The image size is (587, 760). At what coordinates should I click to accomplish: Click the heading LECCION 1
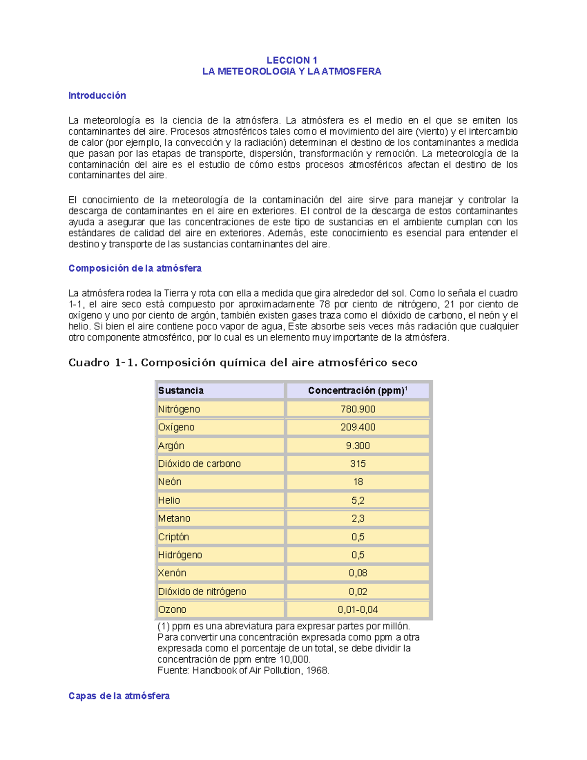(292, 60)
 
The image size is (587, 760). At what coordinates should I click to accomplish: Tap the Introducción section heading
(97, 95)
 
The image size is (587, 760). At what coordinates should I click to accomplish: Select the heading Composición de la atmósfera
(135, 268)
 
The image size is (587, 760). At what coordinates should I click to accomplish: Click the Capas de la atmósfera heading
(119, 696)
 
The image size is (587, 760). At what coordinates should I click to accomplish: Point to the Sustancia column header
(181, 391)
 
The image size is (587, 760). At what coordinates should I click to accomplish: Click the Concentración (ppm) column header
(357, 391)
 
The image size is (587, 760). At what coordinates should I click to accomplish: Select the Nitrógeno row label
(179, 409)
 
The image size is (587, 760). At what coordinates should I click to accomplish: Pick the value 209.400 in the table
(358, 427)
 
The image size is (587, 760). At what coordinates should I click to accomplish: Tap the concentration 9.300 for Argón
(358, 446)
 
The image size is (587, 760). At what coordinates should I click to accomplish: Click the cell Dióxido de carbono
(199, 464)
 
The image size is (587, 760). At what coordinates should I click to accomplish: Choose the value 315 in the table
(358, 464)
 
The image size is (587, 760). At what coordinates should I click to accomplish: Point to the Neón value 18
(358, 482)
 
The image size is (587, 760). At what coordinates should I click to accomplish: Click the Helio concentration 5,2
(358, 501)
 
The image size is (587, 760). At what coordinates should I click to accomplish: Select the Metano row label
(174, 518)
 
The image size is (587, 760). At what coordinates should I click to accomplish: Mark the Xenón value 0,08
(358, 573)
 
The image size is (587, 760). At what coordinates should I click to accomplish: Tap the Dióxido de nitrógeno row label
(202, 592)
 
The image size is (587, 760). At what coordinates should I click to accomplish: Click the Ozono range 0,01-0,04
(358, 610)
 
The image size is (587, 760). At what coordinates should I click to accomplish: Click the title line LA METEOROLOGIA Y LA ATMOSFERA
(292, 71)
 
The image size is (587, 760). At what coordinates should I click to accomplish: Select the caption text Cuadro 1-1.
(103, 363)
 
